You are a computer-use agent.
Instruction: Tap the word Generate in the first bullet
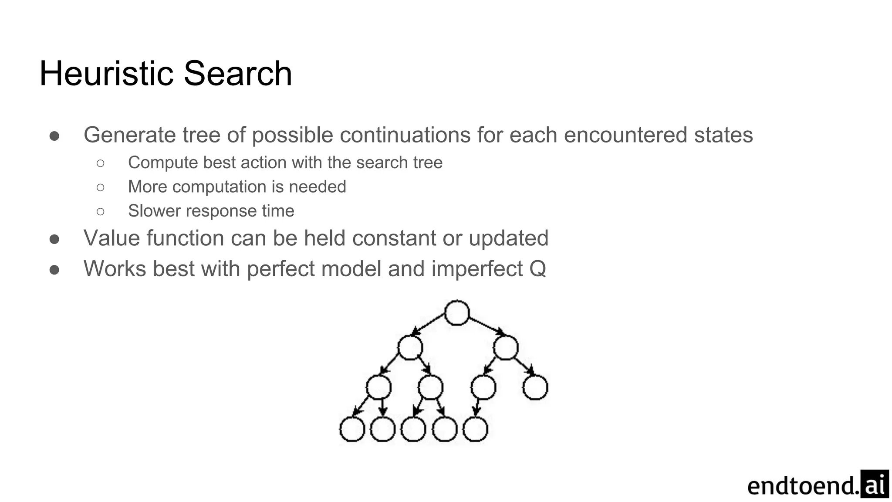[x=129, y=135]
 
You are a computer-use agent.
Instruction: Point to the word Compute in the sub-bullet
[x=162, y=163]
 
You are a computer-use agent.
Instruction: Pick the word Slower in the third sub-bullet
[x=154, y=211]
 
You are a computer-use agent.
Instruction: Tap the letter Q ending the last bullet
[x=537, y=269]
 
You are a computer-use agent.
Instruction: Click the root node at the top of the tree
[x=456, y=313]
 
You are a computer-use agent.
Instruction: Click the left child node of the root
[x=410, y=348]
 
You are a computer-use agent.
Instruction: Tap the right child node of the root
[x=506, y=348]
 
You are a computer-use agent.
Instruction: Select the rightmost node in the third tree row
[x=535, y=387]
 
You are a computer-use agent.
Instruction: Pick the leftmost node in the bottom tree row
[x=352, y=429]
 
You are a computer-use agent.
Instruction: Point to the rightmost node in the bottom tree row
[x=475, y=429]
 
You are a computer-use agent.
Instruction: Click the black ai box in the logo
[x=874, y=484]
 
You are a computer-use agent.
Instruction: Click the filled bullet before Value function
[x=54, y=239]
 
